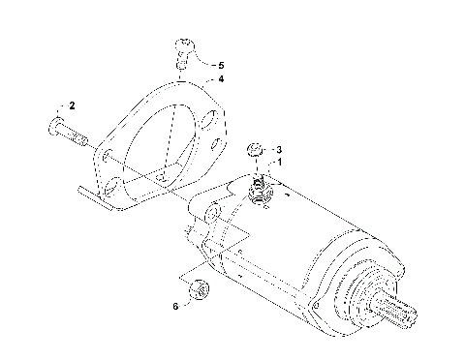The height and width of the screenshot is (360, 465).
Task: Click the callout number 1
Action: [281, 163]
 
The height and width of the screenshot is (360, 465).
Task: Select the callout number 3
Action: [279, 150]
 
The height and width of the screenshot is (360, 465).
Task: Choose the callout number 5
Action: [220, 64]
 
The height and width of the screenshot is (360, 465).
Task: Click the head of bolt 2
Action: [53, 127]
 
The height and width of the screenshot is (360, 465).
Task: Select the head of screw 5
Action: [183, 44]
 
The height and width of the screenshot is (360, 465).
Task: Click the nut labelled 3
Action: [255, 149]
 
